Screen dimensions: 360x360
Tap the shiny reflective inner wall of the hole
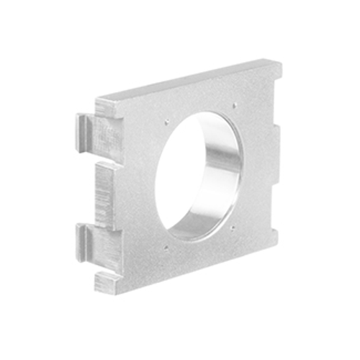coord(220,173)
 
